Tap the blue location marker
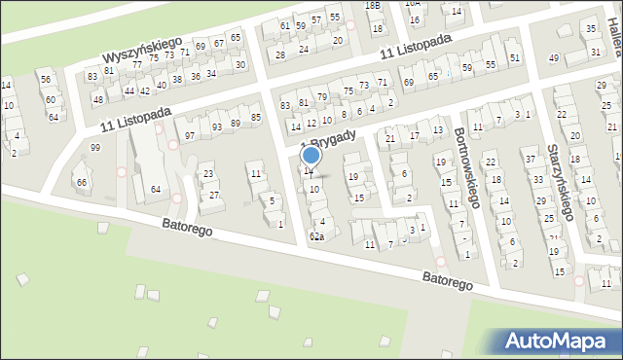(311, 155)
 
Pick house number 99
(94, 147)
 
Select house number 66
(82, 182)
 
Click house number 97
(190, 135)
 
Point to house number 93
(216, 127)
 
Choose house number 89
(236, 123)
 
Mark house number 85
(256, 118)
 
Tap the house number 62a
(316, 236)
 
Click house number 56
(45, 79)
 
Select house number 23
(208, 174)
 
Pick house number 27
(214, 195)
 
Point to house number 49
(554, 58)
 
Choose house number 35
(592, 29)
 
